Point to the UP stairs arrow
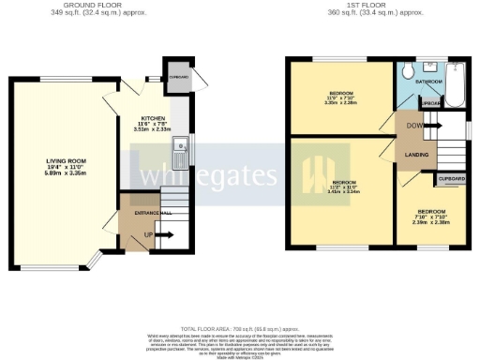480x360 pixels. point(148,235)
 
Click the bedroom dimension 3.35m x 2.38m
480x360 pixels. point(340,104)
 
